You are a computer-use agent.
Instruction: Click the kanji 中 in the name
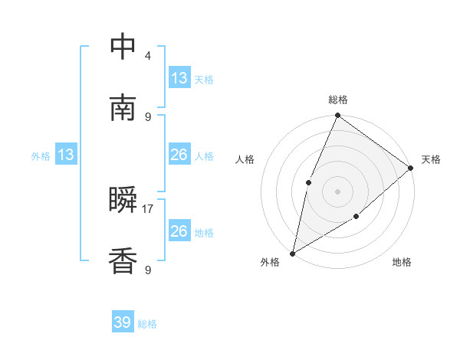123,47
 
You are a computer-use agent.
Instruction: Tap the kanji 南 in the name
123,108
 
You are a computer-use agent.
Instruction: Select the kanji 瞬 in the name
123,201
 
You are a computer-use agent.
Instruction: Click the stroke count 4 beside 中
148,55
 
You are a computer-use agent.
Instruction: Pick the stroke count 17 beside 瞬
149,208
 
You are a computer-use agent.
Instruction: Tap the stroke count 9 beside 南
148,116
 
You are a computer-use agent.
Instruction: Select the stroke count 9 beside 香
148,270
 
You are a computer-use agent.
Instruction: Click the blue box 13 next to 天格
179,78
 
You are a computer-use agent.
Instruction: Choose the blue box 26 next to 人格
179,155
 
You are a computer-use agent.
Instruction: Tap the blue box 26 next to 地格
179,231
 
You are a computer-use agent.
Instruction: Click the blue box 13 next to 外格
66,155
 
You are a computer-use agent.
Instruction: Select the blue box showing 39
123,322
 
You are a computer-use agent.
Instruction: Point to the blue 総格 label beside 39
147,324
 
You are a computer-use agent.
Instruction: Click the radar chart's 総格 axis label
337,100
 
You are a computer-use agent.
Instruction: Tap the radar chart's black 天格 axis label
431,159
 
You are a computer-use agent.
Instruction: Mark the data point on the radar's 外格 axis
292,253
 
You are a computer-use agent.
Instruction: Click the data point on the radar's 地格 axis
356,218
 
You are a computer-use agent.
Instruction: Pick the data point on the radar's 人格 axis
308,182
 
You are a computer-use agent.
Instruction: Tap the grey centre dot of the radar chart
337,191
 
